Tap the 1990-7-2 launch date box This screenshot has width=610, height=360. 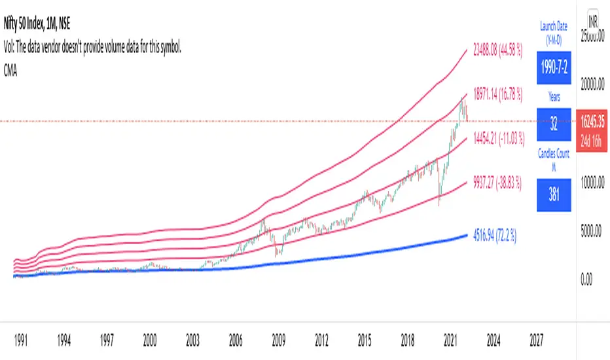click(554, 67)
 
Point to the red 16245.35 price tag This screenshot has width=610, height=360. click(594, 122)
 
